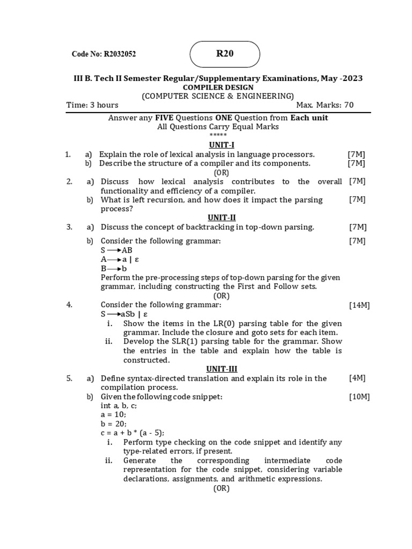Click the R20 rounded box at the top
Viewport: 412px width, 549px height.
click(x=225, y=54)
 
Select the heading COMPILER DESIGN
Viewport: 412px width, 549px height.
click(x=218, y=87)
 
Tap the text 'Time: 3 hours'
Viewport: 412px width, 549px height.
click(x=92, y=105)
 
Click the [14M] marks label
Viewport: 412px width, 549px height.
click(x=359, y=305)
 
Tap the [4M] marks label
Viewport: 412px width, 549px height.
click(x=357, y=378)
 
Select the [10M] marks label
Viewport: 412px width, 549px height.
click(x=359, y=397)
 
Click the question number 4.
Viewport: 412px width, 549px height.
click(x=69, y=305)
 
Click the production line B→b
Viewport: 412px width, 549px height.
click(x=114, y=269)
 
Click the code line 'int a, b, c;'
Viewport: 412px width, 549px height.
click(x=119, y=406)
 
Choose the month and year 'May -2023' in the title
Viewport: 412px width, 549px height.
click(x=342, y=78)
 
